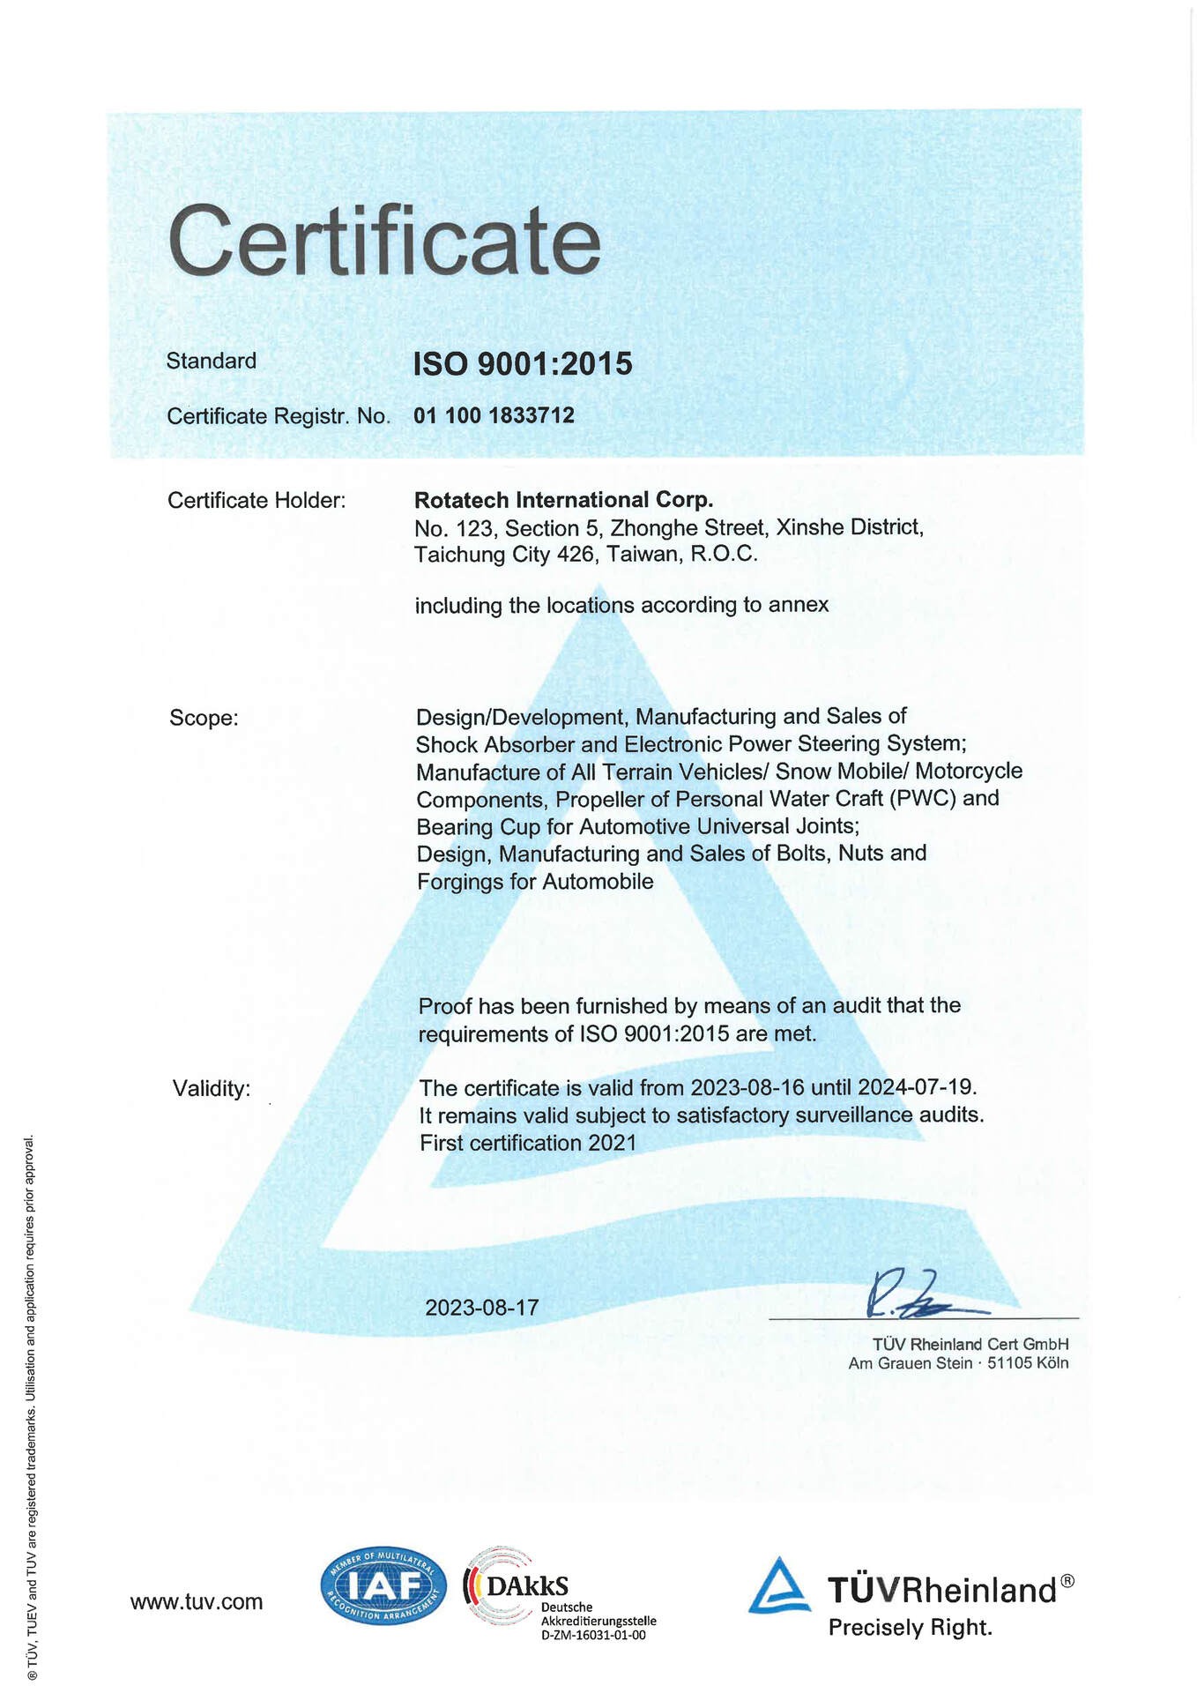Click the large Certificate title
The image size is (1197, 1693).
[x=384, y=241]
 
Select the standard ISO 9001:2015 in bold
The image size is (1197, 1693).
[x=523, y=363]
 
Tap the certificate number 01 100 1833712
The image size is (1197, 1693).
[x=494, y=415]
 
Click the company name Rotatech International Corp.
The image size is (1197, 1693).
[x=563, y=500]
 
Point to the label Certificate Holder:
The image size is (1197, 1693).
[x=256, y=501]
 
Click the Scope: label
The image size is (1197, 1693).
[x=204, y=718]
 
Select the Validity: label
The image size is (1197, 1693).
[x=212, y=1088]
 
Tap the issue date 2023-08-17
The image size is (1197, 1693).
[x=481, y=1307]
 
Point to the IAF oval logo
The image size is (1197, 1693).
[x=383, y=1587]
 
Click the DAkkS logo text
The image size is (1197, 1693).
[x=526, y=1586]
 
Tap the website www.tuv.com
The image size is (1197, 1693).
[x=197, y=1601]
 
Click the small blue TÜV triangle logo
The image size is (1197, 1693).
[x=779, y=1586]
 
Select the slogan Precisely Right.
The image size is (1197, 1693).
[x=910, y=1628]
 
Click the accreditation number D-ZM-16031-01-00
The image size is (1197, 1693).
[x=593, y=1635]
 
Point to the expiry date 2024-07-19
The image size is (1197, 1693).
[x=916, y=1087]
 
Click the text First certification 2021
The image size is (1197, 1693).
[x=528, y=1143]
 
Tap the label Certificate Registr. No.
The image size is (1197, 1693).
[x=278, y=416]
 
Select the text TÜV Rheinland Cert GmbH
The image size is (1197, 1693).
[x=970, y=1344]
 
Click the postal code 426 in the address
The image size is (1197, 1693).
[x=576, y=555]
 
